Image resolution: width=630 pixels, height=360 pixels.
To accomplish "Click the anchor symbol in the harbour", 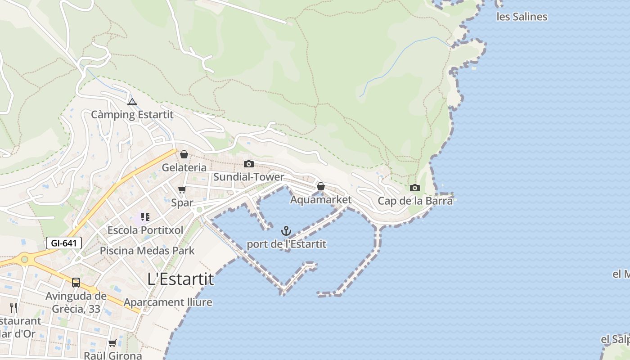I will pos(286,231).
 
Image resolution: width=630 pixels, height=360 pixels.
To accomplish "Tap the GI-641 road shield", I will pos(64,243).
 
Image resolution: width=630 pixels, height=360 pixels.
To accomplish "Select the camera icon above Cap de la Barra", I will pos(415,188).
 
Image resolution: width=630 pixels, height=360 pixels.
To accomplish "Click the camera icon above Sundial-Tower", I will pos(249,164).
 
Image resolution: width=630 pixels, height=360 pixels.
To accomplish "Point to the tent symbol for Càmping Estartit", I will pos(132,102).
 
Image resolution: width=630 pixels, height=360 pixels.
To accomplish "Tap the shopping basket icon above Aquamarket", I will pos(321,186).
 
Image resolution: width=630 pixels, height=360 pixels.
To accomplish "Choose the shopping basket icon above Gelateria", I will pos(184,155).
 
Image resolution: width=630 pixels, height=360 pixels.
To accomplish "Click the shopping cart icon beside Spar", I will pos(182,190).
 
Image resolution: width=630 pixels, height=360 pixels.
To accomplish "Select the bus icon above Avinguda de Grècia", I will pos(76,283).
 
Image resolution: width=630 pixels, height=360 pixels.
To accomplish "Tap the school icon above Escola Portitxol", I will pos(145,217).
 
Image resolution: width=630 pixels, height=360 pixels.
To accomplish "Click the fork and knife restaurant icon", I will pos(13,308).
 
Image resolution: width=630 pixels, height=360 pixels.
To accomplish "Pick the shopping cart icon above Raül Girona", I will pos(112,343).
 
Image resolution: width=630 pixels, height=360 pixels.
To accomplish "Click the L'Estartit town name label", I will pos(181,279).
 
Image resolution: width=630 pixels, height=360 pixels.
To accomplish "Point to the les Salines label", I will pos(522,17).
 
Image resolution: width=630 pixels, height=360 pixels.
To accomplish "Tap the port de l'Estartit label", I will pos(286,244).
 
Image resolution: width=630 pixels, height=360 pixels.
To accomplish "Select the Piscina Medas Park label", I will pos(147,251).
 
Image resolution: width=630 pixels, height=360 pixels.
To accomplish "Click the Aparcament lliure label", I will pos(168,302).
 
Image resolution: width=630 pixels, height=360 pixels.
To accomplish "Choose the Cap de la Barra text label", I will pos(415,201).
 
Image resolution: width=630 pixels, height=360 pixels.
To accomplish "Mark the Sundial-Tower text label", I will pos(249,177).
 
